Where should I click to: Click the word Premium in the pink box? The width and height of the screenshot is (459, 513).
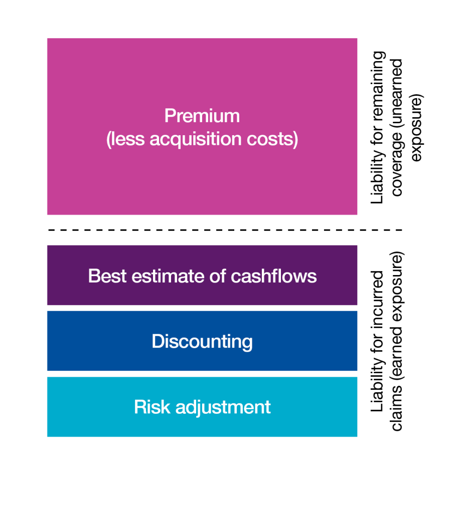(202, 116)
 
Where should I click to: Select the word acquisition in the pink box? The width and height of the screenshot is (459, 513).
(196, 139)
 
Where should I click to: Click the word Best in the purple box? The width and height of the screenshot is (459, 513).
(107, 276)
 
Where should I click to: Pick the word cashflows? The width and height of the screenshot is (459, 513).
(274, 276)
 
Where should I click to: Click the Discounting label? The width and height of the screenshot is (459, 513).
(202, 342)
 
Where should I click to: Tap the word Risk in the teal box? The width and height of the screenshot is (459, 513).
(152, 407)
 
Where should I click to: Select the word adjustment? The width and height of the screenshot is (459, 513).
(223, 408)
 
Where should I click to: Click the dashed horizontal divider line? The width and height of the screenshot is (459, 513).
(225, 230)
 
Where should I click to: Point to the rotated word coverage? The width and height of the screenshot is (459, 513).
(398, 164)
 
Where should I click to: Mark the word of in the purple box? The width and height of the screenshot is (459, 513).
(218, 276)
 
